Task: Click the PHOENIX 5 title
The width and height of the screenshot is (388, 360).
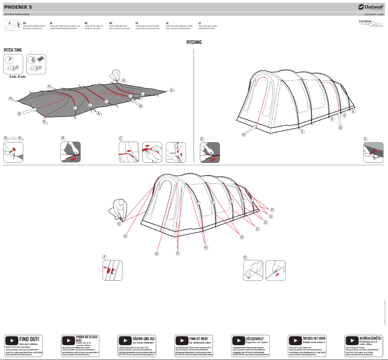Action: point(18,7)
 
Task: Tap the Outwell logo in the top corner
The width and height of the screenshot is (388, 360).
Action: point(371,7)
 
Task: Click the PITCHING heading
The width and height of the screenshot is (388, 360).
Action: point(194,43)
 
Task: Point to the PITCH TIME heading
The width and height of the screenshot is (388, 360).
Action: point(13,50)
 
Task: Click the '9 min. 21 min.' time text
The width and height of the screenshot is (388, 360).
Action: point(18,76)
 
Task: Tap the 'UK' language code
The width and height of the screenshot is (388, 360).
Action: point(25,23)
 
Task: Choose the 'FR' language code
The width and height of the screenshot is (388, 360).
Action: point(137,23)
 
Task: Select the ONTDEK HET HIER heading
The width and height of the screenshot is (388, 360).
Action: point(314,338)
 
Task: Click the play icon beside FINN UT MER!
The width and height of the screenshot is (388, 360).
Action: point(181,340)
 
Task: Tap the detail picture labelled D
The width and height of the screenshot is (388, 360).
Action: point(210,152)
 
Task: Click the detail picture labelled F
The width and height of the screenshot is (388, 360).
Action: point(112,270)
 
